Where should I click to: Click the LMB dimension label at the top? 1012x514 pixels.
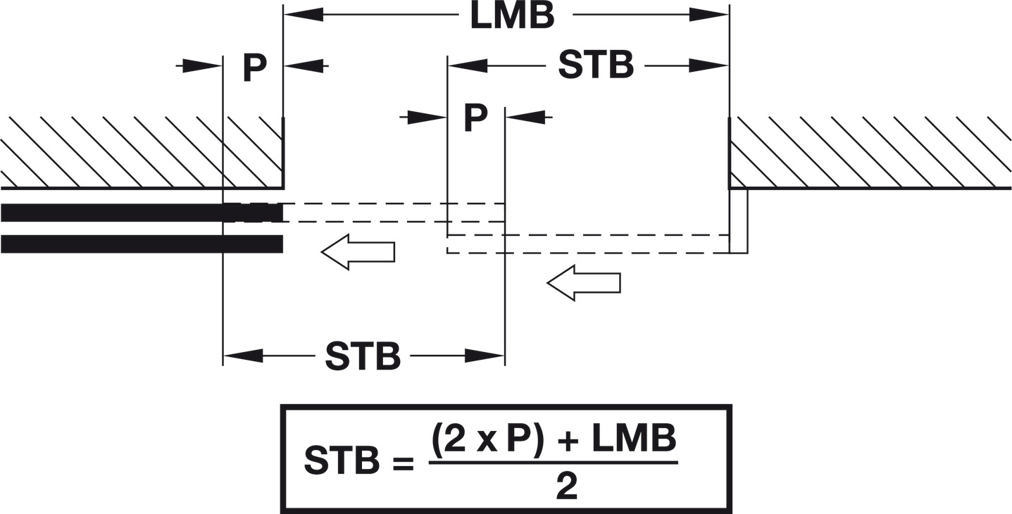pos(512,16)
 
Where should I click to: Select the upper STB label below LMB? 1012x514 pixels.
pos(596,65)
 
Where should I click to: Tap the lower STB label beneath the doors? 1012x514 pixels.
pos(363,356)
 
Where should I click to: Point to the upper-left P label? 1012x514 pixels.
pos(254,68)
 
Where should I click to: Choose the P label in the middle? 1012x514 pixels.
pos(476,118)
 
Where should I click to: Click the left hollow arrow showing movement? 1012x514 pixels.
pos(358,252)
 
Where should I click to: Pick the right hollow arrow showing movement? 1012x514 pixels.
pos(584,283)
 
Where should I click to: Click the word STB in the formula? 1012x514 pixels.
pos(342,460)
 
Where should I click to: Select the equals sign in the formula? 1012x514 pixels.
pos(404,463)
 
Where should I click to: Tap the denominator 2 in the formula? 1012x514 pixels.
pos(566,486)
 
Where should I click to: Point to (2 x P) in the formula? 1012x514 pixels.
pos(487,439)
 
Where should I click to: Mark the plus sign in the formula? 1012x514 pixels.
pos(568,440)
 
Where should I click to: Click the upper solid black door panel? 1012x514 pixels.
pos(142,213)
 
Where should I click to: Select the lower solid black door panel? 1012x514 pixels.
pos(142,244)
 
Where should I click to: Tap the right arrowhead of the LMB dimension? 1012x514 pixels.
pos(709,15)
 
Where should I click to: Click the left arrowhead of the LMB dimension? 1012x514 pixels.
pos(303,15)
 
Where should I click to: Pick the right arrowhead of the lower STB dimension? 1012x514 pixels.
pos(485,356)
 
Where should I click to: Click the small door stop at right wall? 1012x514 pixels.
pos(739,221)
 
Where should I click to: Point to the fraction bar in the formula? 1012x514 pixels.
pos(554,463)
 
